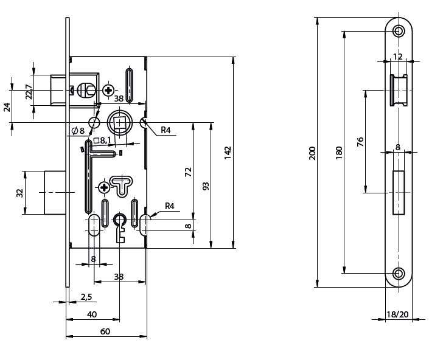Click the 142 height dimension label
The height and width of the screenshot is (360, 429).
[x=228, y=153]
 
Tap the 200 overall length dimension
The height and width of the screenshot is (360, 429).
[x=312, y=153]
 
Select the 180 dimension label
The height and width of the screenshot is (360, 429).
[x=339, y=153]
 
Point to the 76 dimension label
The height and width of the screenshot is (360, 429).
[x=360, y=142]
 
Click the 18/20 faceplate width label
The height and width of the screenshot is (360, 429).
[x=397, y=314]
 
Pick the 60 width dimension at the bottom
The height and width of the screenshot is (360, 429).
[x=105, y=331]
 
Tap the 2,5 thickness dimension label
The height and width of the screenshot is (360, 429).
[x=86, y=297]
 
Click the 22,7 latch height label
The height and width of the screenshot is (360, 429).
[x=29, y=92]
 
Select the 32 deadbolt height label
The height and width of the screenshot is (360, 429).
[x=19, y=193]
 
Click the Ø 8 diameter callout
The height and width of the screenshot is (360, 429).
[x=78, y=131]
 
